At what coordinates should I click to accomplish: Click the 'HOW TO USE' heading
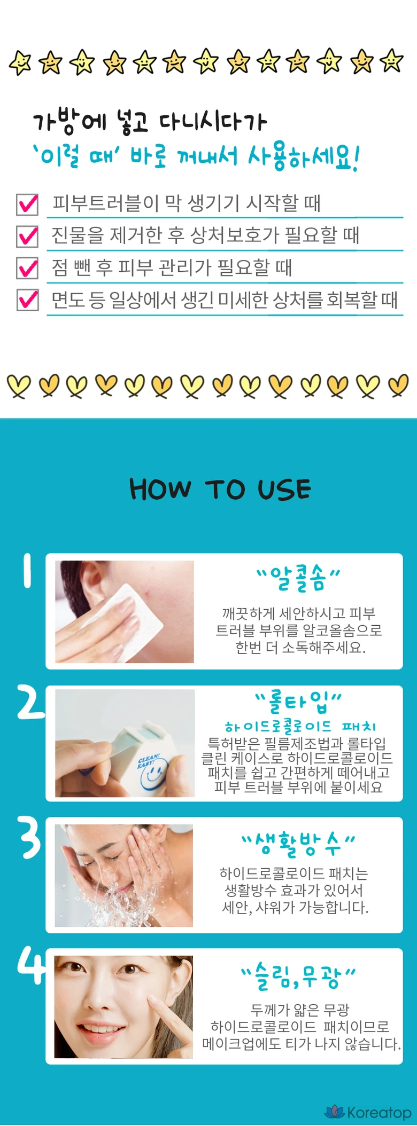pyautogui.click(x=220, y=489)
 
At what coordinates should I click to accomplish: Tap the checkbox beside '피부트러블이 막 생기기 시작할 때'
pyautogui.click(x=27, y=204)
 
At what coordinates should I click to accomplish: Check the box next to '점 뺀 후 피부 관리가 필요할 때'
pyautogui.click(x=27, y=268)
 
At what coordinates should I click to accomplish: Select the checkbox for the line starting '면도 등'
pyautogui.click(x=27, y=300)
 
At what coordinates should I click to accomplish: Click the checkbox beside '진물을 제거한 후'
pyautogui.click(x=27, y=236)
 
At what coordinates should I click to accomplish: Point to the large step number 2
pyautogui.click(x=30, y=702)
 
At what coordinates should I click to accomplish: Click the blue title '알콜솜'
pyautogui.click(x=298, y=578)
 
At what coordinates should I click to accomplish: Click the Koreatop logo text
pyautogui.click(x=379, y=1112)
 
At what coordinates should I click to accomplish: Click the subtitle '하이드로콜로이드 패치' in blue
pyautogui.click(x=300, y=726)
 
